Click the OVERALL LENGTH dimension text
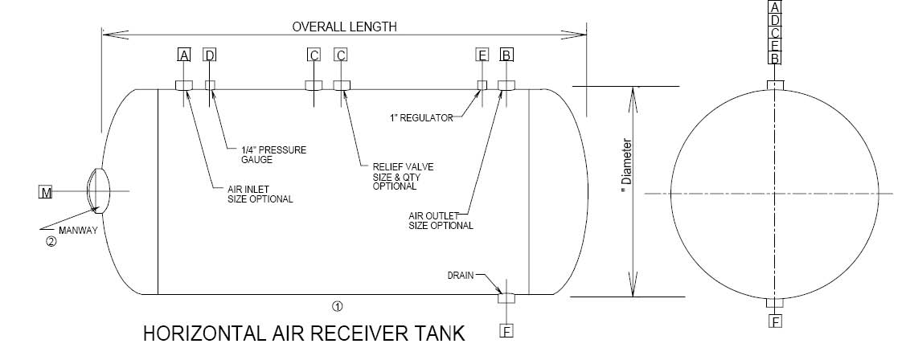(x=344, y=27)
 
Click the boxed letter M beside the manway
(x=45, y=192)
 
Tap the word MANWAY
(x=78, y=230)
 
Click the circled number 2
(x=51, y=242)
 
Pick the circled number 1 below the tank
(x=338, y=305)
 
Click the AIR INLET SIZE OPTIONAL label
(x=260, y=194)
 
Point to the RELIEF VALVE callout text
(x=403, y=176)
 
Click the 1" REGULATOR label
(x=420, y=118)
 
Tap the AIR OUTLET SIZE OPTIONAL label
(x=441, y=221)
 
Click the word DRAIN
(x=461, y=276)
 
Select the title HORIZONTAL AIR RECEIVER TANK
(x=304, y=333)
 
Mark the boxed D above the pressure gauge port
(x=210, y=55)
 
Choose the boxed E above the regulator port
(x=482, y=55)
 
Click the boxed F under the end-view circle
(x=776, y=321)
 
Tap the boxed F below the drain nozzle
(x=506, y=331)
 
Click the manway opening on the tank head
(x=96, y=190)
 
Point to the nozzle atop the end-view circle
(x=775, y=85)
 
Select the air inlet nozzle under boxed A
(x=184, y=85)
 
